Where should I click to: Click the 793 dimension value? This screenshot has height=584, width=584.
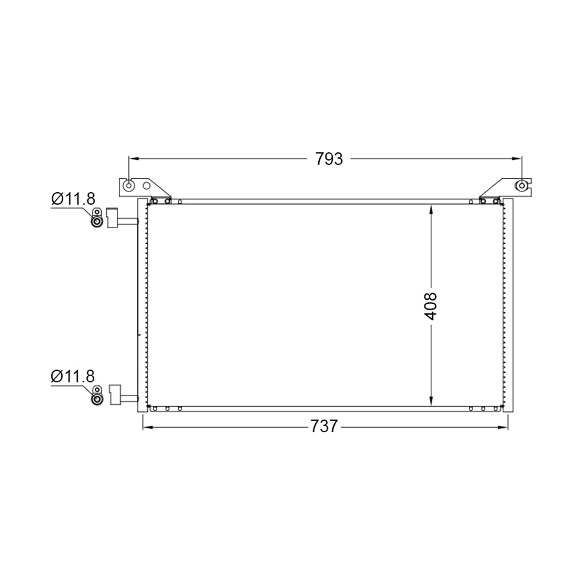329,159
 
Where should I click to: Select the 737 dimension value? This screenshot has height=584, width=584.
324,426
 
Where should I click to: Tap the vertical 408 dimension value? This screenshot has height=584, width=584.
430,306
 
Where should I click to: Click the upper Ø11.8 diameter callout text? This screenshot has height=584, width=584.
73,199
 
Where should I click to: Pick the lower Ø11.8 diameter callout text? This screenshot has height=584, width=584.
73,376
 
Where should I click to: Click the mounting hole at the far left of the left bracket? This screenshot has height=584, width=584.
129,185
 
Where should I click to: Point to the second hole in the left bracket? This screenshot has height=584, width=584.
146,186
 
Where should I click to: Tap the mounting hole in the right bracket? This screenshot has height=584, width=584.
522,185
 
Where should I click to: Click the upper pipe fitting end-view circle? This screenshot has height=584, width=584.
97,222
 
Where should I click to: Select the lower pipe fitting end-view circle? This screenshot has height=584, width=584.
97,400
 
